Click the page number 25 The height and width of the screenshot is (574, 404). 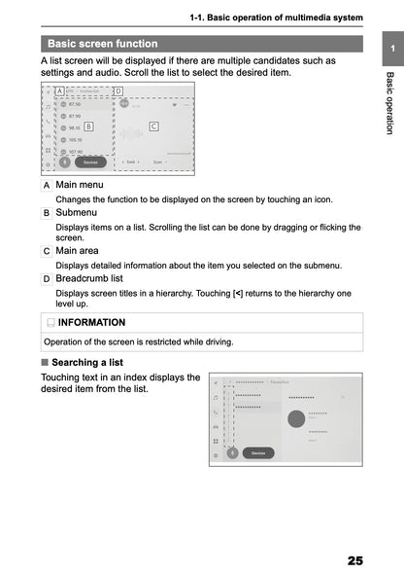point(353,560)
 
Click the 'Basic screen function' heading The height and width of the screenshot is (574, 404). point(102,44)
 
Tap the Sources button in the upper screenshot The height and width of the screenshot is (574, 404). point(89,161)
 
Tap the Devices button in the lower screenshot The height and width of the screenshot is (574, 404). point(257,452)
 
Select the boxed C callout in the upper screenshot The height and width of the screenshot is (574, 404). point(153,126)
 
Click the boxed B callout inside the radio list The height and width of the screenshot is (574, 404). point(88,126)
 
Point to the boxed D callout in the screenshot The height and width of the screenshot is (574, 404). point(118,91)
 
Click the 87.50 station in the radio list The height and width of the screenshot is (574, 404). point(74,104)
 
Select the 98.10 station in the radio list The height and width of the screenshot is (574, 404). point(74,127)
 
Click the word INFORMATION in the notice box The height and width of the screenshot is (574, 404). point(91,322)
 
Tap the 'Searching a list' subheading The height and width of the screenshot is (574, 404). point(94,362)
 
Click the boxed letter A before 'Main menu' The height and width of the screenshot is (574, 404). point(47,185)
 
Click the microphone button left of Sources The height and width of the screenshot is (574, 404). point(65,162)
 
